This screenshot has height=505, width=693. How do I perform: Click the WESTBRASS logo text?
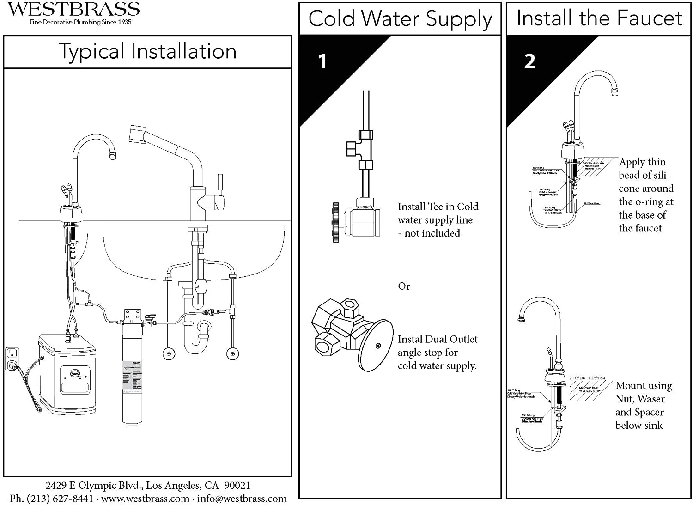(74, 9)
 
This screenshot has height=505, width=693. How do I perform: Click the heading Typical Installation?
(147, 51)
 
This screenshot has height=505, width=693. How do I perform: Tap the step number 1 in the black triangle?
(322, 61)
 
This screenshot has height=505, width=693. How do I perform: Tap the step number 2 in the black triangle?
(529, 61)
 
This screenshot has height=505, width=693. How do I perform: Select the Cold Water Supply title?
(400, 19)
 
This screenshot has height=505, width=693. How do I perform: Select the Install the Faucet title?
(599, 18)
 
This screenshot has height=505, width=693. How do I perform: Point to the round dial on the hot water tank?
(74, 374)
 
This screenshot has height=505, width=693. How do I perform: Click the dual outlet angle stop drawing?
(351, 334)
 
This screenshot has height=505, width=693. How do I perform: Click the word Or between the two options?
(404, 286)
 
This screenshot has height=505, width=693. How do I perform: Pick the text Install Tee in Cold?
(438, 207)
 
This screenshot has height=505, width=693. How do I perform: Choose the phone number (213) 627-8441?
(60, 499)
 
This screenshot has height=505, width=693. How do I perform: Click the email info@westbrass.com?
(242, 499)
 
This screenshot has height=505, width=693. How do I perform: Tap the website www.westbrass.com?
(145, 499)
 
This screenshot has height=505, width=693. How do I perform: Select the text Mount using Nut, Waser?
(643, 392)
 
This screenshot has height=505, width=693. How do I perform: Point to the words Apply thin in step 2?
(642, 162)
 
